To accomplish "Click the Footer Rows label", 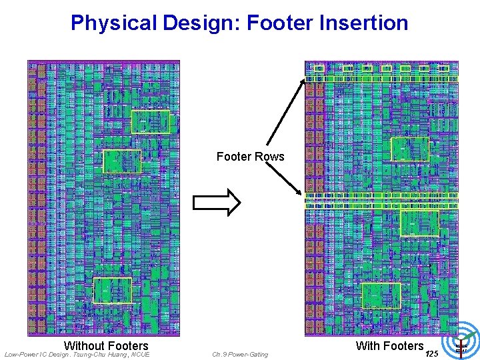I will pyautogui.click(x=250, y=157).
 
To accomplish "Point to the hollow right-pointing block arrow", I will pyautogui.click(x=216, y=203).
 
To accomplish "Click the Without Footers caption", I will pyautogui.click(x=106, y=345).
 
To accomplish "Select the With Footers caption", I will pyautogui.click(x=389, y=345).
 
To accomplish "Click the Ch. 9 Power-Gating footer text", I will pyautogui.click(x=240, y=355).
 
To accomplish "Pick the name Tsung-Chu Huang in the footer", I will pyautogui.click(x=99, y=355).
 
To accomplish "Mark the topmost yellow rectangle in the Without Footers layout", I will pyautogui.click(x=151, y=122).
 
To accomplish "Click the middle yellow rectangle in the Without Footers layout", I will pyautogui.click(x=122, y=161).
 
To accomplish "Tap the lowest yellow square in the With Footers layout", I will pyautogui.click(x=381, y=295).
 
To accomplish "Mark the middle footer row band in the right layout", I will pyautogui.click(x=381, y=201).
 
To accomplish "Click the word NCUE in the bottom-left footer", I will pyautogui.click(x=141, y=355).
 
